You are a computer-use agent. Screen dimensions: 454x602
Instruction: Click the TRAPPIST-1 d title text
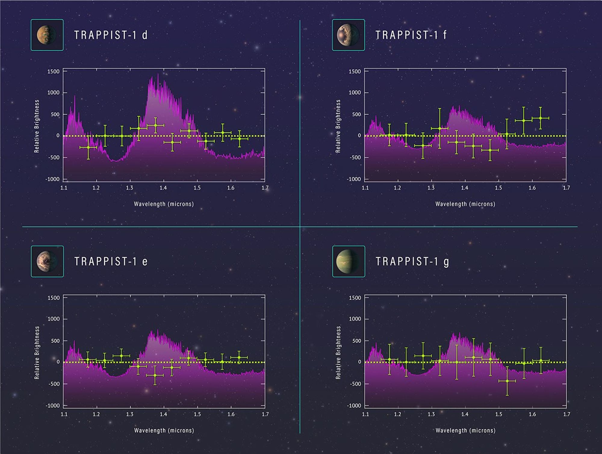click(x=111, y=35)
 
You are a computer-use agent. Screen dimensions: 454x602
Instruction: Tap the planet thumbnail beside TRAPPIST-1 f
click(x=348, y=35)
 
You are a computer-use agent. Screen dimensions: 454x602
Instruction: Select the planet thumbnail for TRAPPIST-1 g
click(x=349, y=261)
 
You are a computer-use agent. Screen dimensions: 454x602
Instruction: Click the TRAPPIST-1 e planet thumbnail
click(x=47, y=261)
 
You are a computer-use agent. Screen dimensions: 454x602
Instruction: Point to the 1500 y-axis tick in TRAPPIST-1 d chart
click(x=53, y=72)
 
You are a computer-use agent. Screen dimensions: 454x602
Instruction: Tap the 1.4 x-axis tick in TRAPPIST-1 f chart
click(x=464, y=188)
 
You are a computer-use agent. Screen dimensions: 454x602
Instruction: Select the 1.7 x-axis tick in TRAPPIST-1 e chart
click(x=265, y=414)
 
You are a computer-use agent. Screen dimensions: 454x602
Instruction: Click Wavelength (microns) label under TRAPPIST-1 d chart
click(x=164, y=204)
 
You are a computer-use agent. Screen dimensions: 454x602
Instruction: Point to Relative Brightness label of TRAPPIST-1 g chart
click(x=338, y=353)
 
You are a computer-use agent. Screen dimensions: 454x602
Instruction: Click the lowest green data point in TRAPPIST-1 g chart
click(x=507, y=381)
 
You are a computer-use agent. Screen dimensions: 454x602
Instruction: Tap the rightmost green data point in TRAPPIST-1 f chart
click(x=540, y=118)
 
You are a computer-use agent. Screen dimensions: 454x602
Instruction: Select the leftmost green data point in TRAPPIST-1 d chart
click(x=88, y=147)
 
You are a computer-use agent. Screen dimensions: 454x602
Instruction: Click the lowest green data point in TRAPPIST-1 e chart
click(x=155, y=375)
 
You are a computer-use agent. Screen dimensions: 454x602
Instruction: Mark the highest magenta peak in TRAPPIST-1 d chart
click(x=158, y=75)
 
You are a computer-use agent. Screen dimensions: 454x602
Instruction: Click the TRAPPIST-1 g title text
click(x=412, y=261)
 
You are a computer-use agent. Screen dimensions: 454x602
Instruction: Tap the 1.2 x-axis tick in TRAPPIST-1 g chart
click(x=397, y=414)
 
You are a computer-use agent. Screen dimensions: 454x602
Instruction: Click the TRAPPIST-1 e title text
click(x=111, y=261)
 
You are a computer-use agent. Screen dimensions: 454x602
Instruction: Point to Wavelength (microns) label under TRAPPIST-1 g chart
click(x=465, y=431)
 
